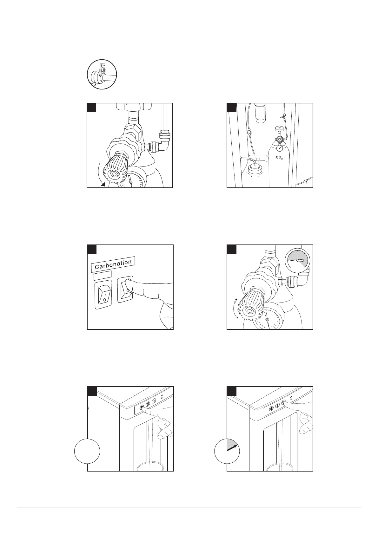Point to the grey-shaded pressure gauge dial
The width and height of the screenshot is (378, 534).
pos(297,260)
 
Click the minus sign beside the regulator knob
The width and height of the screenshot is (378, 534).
pos(239,319)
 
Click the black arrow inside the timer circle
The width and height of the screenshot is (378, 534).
pos(232,447)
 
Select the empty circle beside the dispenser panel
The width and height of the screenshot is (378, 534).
pos(87,451)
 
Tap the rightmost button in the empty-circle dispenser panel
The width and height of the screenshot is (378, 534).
pos(154,400)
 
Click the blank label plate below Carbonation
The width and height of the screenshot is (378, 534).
pos(103,275)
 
